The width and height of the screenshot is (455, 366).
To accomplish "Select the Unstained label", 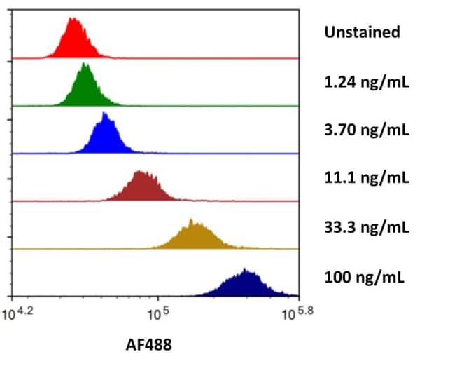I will (x=361, y=32).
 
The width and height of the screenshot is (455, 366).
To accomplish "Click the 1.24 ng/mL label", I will (x=366, y=82).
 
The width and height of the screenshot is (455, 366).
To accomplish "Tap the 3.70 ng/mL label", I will (x=366, y=130).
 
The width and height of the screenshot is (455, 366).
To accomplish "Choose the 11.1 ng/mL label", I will (x=366, y=177).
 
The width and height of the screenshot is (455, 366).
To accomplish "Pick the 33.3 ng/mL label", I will (x=366, y=227).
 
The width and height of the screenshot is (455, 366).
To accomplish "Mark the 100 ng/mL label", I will (x=363, y=276).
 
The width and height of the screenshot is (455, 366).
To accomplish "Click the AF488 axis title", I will (x=148, y=344).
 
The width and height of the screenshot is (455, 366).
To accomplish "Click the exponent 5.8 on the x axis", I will (x=307, y=309).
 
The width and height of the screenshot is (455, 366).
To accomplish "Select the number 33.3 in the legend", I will (x=338, y=227).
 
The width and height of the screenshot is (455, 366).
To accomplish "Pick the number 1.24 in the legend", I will (x=338, y=82).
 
